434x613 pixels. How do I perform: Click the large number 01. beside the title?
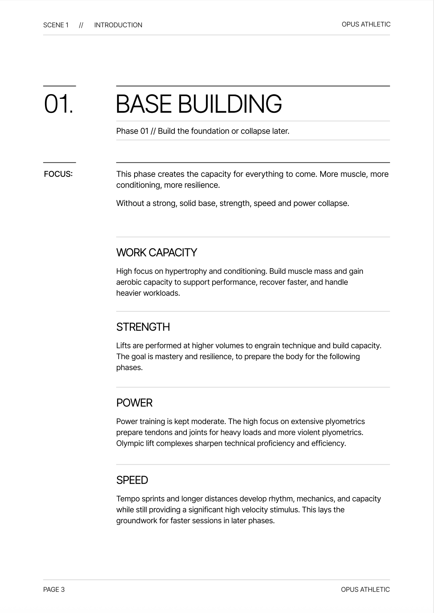(58, 104)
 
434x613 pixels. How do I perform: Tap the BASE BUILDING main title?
(199, 104)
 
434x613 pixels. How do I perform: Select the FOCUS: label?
(58, 174)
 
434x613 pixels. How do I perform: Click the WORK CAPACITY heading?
(156, 253)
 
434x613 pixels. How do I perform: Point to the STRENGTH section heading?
(143, 327)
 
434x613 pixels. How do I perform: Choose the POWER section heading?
(134, 403)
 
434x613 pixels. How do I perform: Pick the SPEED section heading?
(132, 480)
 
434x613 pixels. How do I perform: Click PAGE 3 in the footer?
(54, 590)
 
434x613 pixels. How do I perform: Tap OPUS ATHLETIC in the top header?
(366, 24)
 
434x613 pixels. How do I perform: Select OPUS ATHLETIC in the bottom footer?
(365, 590)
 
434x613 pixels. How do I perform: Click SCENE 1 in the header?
(56, 25)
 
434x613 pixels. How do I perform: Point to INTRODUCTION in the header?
(118, 25)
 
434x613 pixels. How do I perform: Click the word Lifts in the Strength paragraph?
(123, 346)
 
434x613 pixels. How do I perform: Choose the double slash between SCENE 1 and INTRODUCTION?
(81, 25)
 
